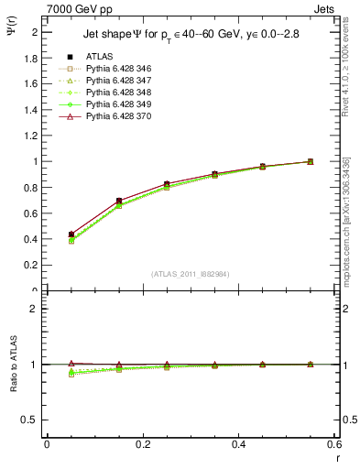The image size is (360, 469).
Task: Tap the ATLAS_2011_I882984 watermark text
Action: tap(191, 272)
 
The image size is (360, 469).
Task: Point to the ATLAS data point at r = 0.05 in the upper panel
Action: tap(71, 234)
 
